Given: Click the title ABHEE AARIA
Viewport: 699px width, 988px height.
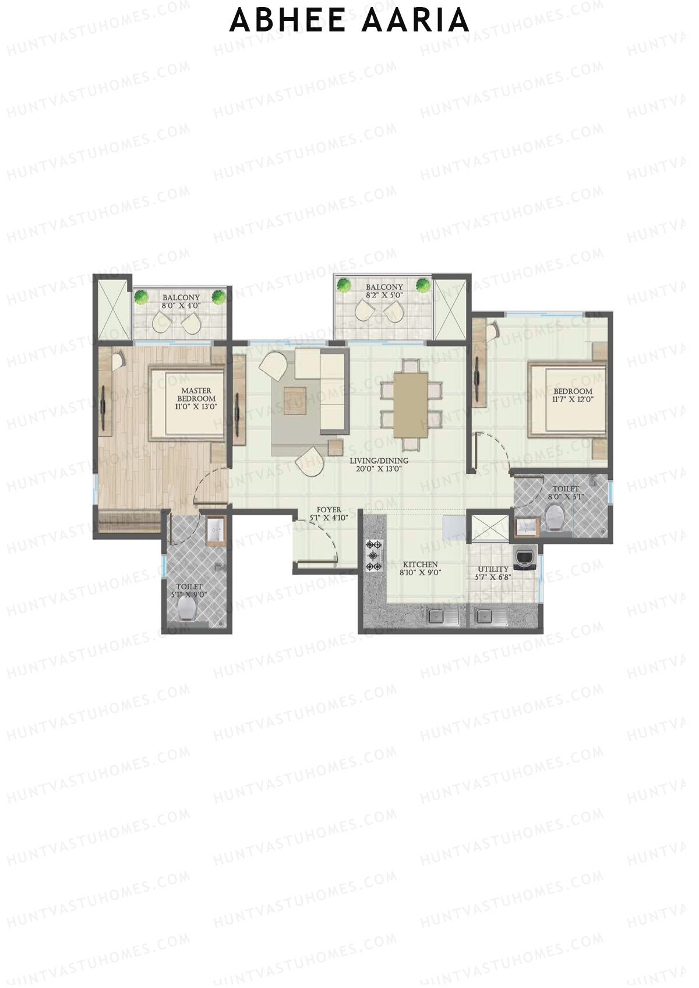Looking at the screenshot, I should click(349, 21).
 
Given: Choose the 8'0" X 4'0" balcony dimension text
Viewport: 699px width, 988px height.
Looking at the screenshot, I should click(181, 305).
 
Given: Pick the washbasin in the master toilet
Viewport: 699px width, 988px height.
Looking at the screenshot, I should click(216, 530).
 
